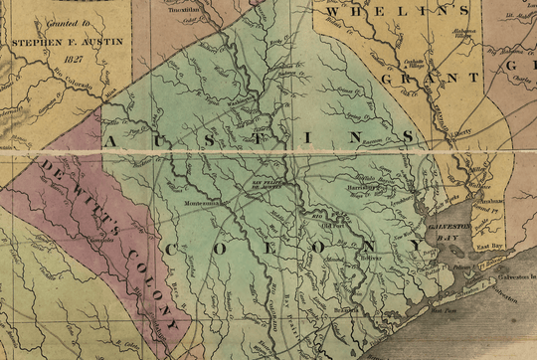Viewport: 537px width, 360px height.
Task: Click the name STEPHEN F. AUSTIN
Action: [61, 43]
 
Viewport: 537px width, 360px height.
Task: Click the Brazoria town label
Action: [344, 310]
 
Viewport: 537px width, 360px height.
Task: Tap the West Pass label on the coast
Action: [419, 309]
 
